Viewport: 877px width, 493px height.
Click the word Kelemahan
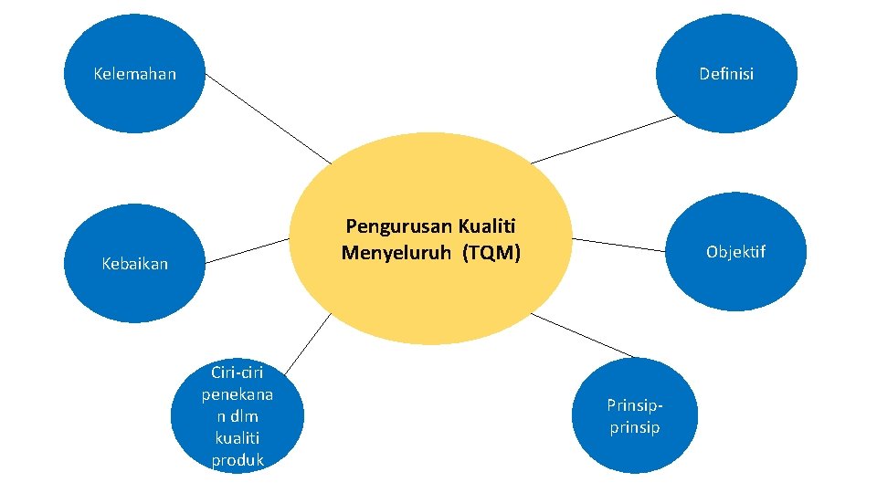tap(135, 74)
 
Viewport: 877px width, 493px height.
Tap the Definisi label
tap(726, 74)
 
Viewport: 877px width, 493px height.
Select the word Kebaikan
tap(135, 265)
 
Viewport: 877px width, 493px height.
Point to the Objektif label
tap(735, 251)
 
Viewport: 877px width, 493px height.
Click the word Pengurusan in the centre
tap(399, 226)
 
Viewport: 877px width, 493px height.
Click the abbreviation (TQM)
tap(491, 253)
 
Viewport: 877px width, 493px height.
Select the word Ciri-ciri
tap(237, 372)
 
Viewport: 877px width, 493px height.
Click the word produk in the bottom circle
tap(237, 460)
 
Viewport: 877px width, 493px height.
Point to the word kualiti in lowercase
tap(237, 438)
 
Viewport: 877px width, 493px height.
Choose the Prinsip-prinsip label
tap(635, 415)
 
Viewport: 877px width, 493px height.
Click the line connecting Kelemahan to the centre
tap(268, 118)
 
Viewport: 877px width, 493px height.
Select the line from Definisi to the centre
tap(603, 140)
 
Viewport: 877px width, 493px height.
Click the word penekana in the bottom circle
tap(237, 394)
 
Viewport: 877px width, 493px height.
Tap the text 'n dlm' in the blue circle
tap(237, 416)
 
